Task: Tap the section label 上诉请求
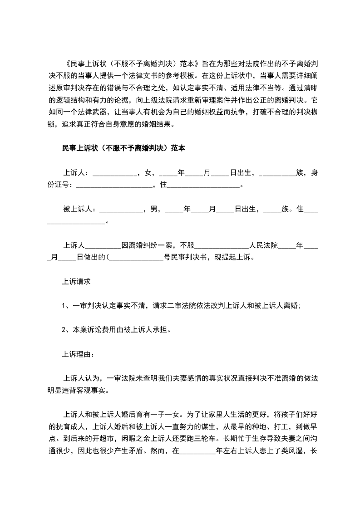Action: click(x=77, y=282)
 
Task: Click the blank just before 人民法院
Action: click(x=221, y=245)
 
